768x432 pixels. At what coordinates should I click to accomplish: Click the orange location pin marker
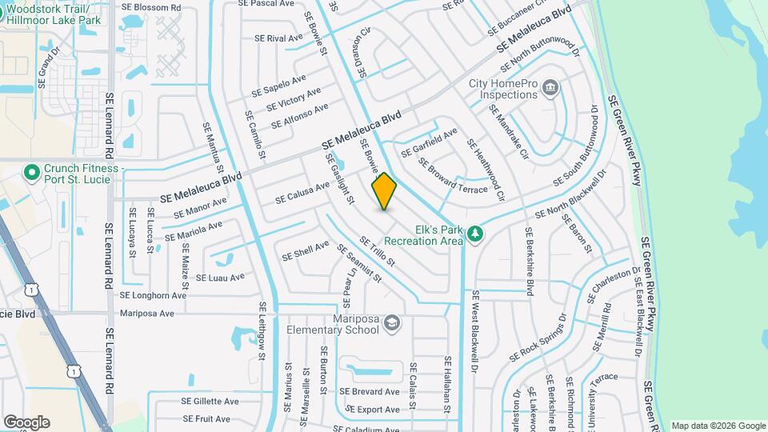(384, 192)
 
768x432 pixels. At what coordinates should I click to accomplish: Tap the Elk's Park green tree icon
(476, 233)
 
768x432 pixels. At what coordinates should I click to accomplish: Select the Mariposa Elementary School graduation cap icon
(392, 322)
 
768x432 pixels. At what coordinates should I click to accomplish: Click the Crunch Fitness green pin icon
(32, 172)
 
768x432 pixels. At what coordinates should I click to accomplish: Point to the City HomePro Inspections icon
(550, 87)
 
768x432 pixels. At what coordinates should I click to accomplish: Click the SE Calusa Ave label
(302, 192)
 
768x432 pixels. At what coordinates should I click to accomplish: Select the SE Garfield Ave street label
(429, 142)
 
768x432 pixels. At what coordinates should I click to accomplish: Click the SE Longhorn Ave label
(153, 295)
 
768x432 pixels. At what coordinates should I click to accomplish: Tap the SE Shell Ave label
(306, 250)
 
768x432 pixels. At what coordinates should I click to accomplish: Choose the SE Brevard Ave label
(369, 392)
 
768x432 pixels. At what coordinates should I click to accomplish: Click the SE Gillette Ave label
(210, 402)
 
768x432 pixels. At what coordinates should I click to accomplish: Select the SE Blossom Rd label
(153, 7)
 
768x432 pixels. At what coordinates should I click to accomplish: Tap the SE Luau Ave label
(220, 278)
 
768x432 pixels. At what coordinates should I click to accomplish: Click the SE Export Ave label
(372, 410)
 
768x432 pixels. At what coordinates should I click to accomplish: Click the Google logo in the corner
(26, 422)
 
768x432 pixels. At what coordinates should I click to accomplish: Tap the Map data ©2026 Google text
(718, 426)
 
